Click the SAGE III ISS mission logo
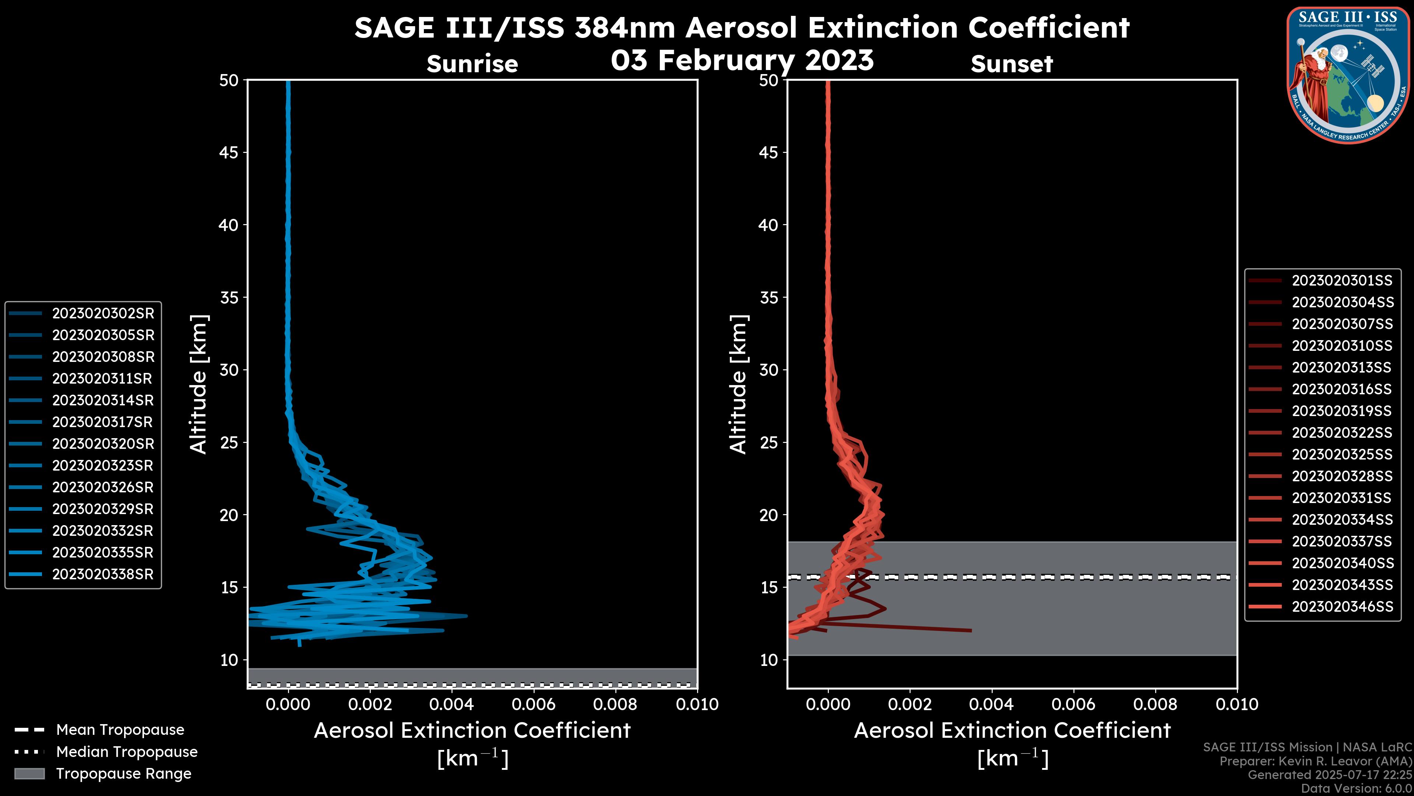pyautogui.click(x=1348, y=75)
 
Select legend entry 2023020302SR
pyautogui.click(x=103, y=314)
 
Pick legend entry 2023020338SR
pyautogui.click(x=103, y=575)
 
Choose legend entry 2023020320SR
pyautogui.click(x=103, y=444)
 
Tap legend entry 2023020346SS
pyautogui.click(x=1341, y=607)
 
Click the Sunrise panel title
pyautogui.click(x=472, y=64)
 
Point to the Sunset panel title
pyautogui.click(x=1012, y=64)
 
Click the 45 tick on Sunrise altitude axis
pyautogui.click(x=229, y=153)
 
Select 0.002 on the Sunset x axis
pyautogui.click(x=910, y=704)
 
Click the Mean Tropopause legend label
pyautogui.click(x=120, y=730)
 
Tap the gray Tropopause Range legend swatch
pyautogui.click(x=29, y=774)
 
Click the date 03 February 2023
pyautogui.click(x=742, y=60)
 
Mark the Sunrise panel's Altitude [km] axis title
pyautogui.click(x=198, y=384)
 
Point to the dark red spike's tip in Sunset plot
pyautogui.click(x=971, y=631)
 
